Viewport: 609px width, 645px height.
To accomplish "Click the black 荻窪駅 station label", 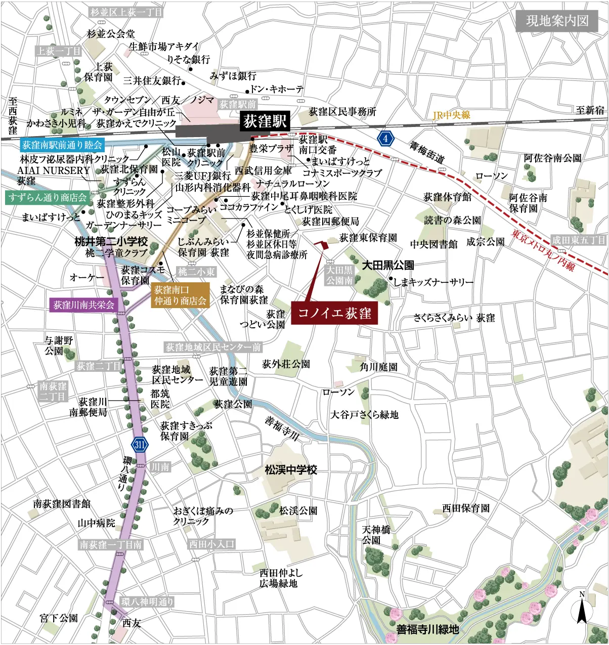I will tap(265, 122).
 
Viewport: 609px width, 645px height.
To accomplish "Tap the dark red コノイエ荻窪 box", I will tap(334, 313).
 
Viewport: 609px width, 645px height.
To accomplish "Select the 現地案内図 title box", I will tap(557, 21).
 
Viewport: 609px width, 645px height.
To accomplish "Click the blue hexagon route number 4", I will tap(385, 138).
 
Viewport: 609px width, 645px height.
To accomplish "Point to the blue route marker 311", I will tap(140, 445).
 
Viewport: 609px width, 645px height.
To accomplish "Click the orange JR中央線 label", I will tap(451, 115).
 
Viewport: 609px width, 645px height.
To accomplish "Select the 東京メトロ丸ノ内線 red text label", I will tap(543, 250).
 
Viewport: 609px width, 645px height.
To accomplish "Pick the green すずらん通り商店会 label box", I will tap(48, 197).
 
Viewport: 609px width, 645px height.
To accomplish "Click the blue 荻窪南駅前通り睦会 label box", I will tap(62, 145).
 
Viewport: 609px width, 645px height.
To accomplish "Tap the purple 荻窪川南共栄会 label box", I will tap(84, 305).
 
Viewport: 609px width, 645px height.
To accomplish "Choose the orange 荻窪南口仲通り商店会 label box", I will tap(181, 295).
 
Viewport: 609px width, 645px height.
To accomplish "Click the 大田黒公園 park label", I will tap(388, 265).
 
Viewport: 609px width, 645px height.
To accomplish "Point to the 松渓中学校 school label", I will tap(291, 470).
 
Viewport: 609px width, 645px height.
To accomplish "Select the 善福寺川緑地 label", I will tap(427, 629).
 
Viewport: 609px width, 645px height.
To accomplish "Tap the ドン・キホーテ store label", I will tap(277, 90).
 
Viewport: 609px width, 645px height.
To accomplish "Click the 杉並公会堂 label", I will tap(111, 34).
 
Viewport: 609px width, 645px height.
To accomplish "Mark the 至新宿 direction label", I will tap(590, 110).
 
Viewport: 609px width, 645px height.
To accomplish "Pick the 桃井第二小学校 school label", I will tap(111, 241).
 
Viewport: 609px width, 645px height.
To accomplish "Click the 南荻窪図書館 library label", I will tap(62, 504).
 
